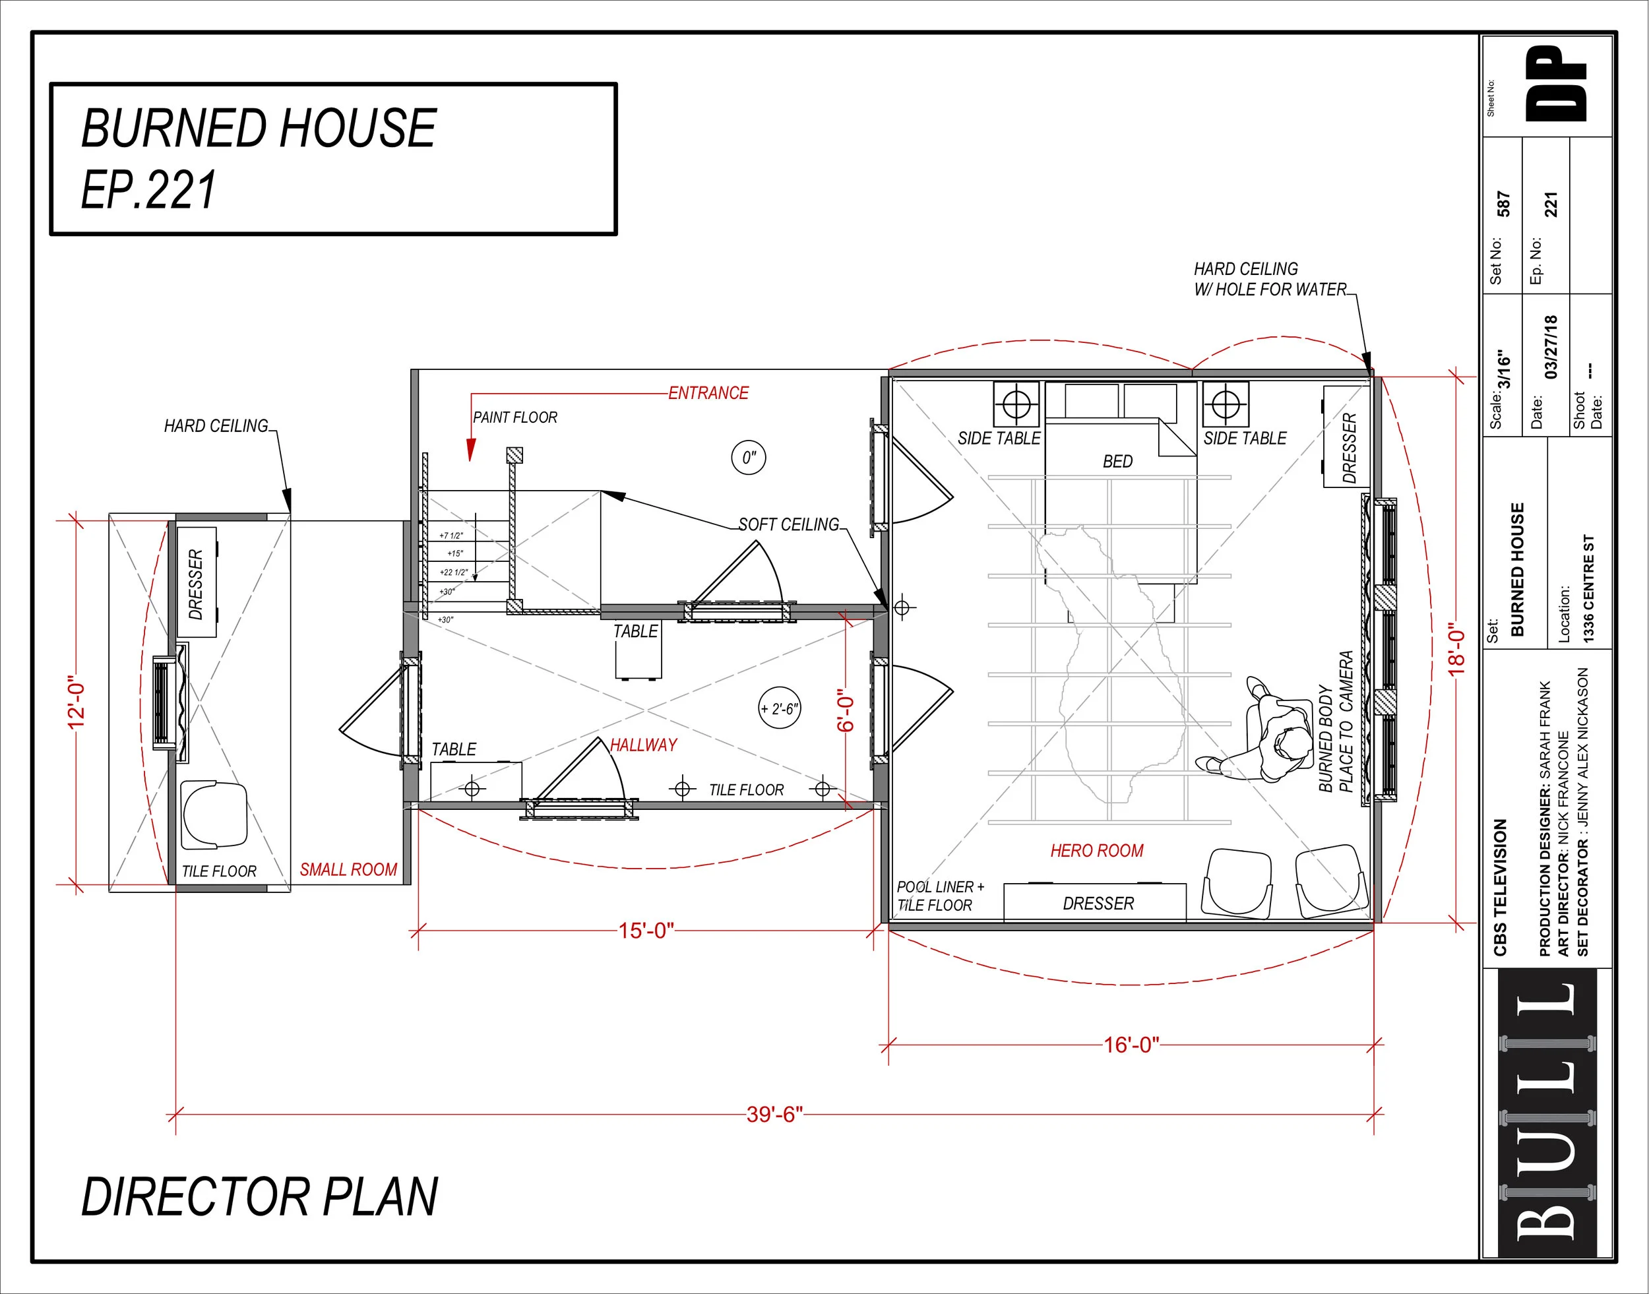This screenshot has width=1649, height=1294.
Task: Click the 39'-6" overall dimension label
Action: click(x=774, y=1115)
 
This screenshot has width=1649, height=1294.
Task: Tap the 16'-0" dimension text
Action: click(x=1131, y=1045)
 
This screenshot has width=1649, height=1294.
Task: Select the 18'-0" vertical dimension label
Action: click(x=1457, y=648)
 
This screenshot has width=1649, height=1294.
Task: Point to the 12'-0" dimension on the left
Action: click(x=77, y=702)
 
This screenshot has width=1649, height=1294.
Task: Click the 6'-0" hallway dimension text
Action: click(x=845, y=710)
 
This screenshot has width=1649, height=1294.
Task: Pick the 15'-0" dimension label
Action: click(x=646, y=931)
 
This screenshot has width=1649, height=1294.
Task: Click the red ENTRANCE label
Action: click(x=708, y=393)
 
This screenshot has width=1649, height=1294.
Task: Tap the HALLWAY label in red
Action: click(x=643, y=745)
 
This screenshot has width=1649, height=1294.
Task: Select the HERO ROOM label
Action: click(x=1096, y=851)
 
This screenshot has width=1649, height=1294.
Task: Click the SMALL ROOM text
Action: click(x=348, y=870)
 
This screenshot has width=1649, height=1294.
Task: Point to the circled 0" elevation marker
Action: click(x=749, y=458)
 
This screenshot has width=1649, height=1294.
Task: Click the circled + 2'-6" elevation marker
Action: click(x=780, y=708)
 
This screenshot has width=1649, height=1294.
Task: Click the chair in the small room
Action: click(x=214, y=815)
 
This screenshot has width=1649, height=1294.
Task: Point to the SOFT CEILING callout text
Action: click(x=788, y=524)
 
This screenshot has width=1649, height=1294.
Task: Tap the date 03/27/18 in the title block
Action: click(x=1551, y=347)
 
